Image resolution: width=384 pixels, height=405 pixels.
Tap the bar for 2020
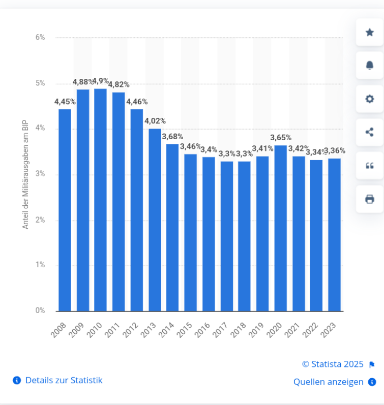tap(281, 228)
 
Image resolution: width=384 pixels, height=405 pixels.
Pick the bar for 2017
tap(227, 236)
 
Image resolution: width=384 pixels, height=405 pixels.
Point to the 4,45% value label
tap(65, 102)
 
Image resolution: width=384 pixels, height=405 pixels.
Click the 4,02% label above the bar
tap(155, 121)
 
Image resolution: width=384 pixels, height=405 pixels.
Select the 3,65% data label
tap(281, 138)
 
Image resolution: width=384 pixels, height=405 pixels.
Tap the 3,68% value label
tap(172, 137)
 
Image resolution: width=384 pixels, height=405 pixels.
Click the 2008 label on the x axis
tap(59, 329)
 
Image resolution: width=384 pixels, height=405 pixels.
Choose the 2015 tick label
tap(185, 329)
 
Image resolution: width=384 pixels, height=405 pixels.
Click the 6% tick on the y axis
tap(40, 37)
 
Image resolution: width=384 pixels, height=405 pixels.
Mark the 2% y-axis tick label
tap(40, 220)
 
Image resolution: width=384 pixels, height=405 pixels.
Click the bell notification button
tap(370, 65)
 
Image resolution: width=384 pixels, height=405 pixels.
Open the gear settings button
tap(370, 99)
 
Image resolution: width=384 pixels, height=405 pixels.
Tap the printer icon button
tap(370, 199)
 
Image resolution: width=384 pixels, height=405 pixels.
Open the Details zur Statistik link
tap(64, 380)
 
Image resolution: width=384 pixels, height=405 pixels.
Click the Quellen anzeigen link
tap(329, 382)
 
